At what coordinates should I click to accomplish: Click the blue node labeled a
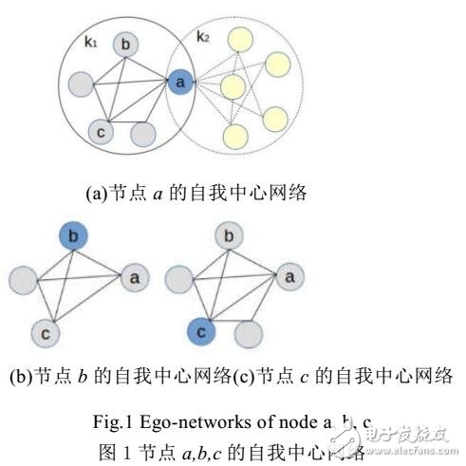179,83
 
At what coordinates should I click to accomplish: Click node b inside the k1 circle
125,45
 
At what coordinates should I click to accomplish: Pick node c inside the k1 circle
101,131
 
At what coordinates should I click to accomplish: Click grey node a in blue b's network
135,278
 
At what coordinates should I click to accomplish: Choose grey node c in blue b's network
45,332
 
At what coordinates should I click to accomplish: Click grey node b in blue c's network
226,235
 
